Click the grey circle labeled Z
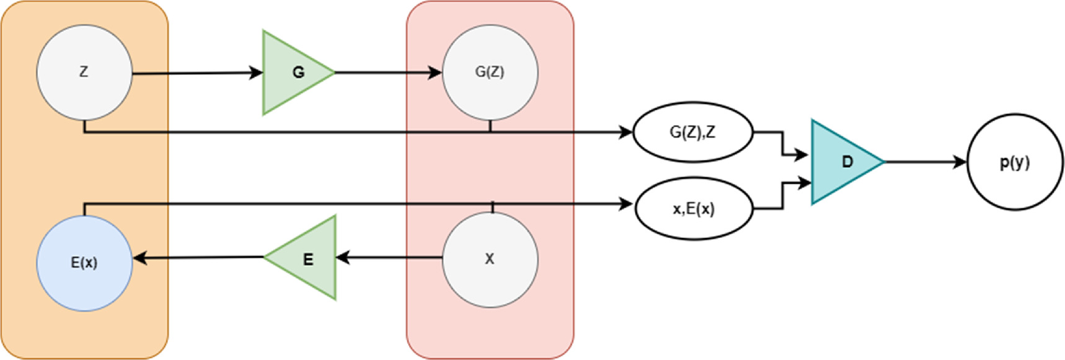[x=84, y=72]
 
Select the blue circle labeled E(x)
[x=84, y=263]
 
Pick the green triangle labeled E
[x=307, y=258]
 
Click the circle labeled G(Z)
[x=490, y=72]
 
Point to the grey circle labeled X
[x=490, y=260]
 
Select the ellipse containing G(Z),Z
[x=692, y=132]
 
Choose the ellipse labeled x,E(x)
[x=694, y=209]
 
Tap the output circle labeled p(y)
[x=1015, y=162]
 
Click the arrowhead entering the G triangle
[x=257, y=73]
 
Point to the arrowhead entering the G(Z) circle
[x=436, y=72]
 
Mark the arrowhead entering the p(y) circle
[x=961, y=162]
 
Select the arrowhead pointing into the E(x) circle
[x=140, y=258]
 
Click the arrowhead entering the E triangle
[x=342, y=257]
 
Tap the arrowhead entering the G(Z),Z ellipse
[x=626, y=132]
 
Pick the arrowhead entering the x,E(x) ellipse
[x=626, y=204]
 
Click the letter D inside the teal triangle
[x=847, y=162]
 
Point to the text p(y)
[x=1015, y=162]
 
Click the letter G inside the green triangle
[x=298, y=72]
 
